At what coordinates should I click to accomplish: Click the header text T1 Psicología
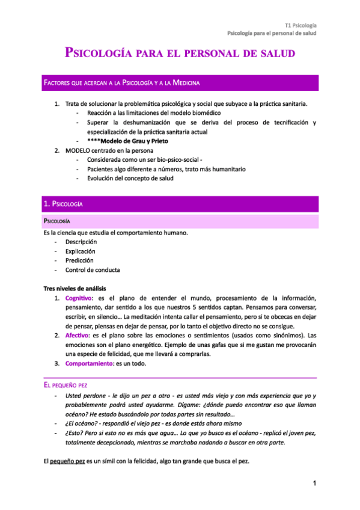(301, 25)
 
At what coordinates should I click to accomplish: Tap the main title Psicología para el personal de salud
(180, 54)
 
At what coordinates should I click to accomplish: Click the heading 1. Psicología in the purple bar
(64, 204)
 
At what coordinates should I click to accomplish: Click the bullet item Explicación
(80, 251)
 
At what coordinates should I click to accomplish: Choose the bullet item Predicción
(79, 261)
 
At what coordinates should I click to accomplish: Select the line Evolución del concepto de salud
(130, 179)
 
